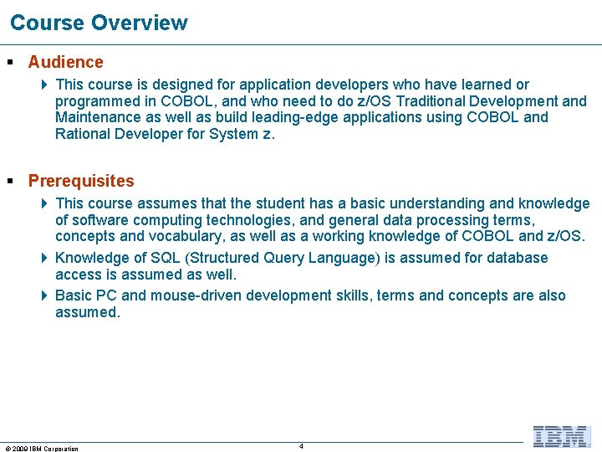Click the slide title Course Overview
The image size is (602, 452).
point(99,23)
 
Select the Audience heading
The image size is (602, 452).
point(65,62)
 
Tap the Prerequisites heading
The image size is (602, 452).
point(81,181)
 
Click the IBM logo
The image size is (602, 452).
point(561,436)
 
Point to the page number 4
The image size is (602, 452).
point(301,446)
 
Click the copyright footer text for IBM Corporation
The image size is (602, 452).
point(42,449)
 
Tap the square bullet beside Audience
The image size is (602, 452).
point(10,62)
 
